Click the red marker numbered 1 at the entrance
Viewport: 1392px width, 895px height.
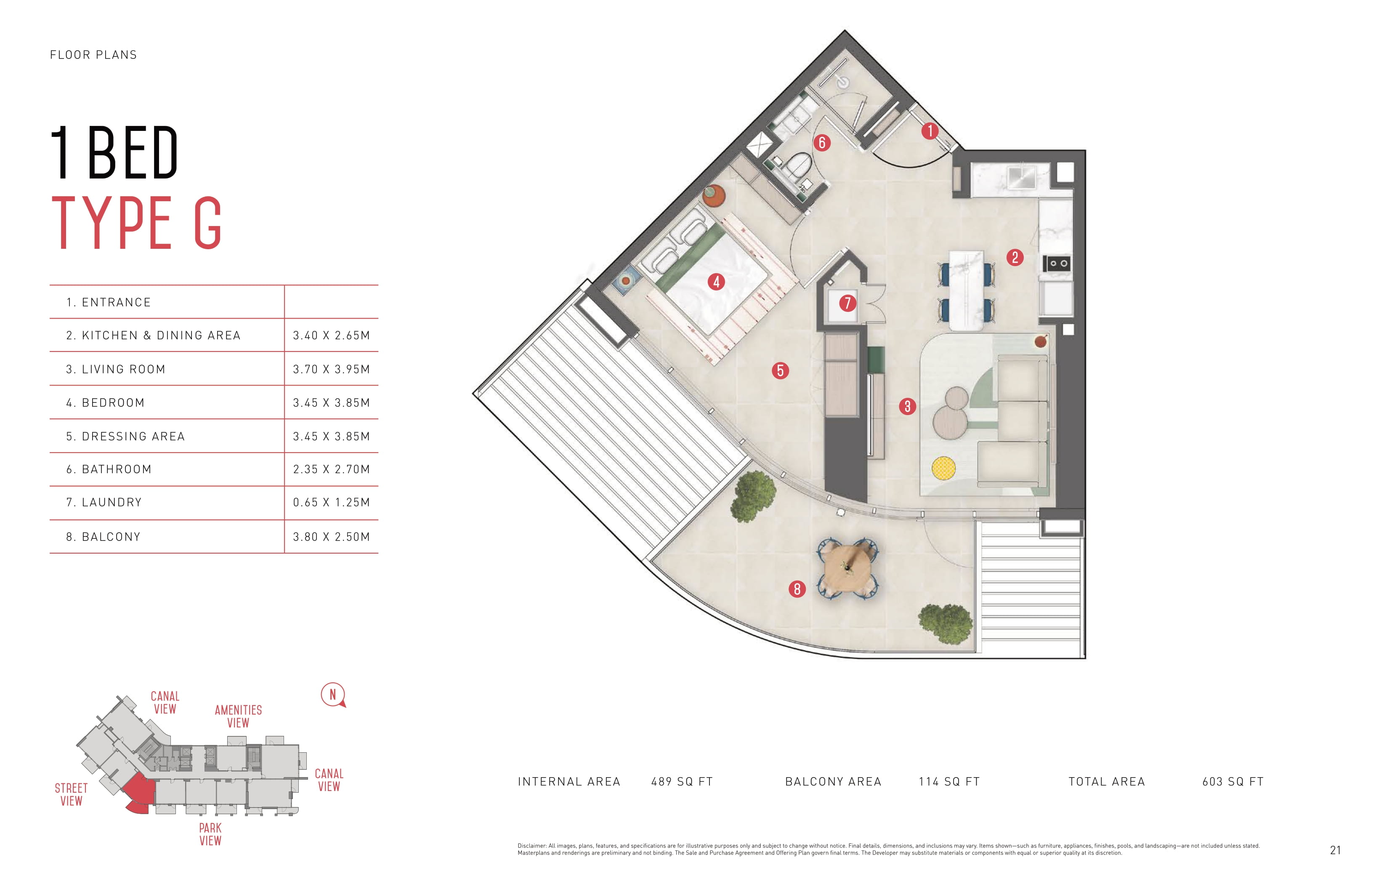(x=930, y=131)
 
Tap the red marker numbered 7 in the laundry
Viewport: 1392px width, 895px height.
(x=847, y=303)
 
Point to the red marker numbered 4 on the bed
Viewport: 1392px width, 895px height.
(x=716, y=282)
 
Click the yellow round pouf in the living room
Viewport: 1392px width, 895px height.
(x=943, y=468)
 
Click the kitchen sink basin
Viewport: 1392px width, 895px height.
(x=1023, y=177)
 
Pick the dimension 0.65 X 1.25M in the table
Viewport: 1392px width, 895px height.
(x=331, y=502)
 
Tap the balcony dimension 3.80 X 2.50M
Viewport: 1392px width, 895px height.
(x=331, y=536)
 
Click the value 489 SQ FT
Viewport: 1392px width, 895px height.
(x=681, y=782)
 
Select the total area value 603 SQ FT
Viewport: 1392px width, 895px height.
(x=1233, y=782)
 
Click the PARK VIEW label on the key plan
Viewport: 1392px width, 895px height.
(x=210, y=834)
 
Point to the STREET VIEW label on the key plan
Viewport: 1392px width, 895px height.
(x=71, y=794)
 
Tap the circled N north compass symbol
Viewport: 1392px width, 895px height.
(x=333, y=695)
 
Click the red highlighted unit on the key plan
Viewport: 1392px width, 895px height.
(x=139, y=791)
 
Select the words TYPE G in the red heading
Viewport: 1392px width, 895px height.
(x=137, y=223)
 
